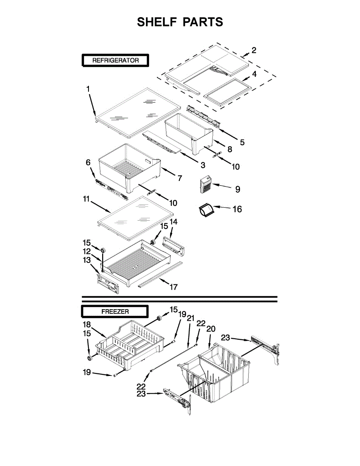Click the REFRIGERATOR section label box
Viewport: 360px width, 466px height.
pos(115,60)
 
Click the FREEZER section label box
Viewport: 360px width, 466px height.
pos(115,311)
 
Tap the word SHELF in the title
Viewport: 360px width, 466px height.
pos(156,22)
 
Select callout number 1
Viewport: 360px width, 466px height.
pos(88,89)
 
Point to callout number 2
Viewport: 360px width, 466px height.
pos(254,50)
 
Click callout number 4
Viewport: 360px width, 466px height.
pos(254,73)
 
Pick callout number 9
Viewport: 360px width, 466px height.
pos(237,189)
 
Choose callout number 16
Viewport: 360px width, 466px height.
pos(237,209)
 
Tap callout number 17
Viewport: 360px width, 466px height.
pos(173,287)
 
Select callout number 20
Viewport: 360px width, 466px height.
pos(210,329)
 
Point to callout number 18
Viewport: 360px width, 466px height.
pos(87,324)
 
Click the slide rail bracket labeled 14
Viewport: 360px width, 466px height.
pos(174,246)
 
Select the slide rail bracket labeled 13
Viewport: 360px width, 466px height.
pos(107,282)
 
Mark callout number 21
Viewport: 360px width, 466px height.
pos(190,318)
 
